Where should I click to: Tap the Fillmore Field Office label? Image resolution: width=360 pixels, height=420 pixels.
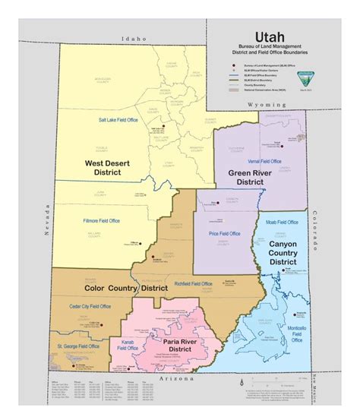click(99, 221)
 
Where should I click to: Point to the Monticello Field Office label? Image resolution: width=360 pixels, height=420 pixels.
click(297, 333)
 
